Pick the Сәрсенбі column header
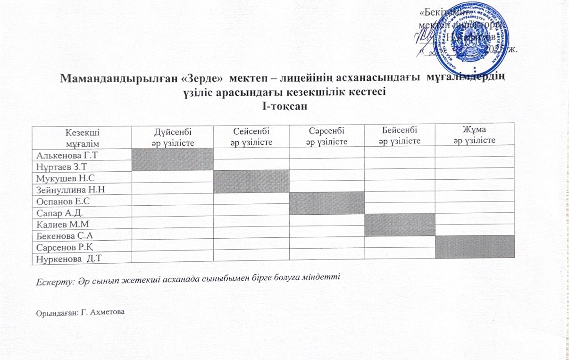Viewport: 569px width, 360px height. pos(326,136)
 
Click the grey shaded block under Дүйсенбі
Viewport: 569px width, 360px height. pos(172,159)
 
